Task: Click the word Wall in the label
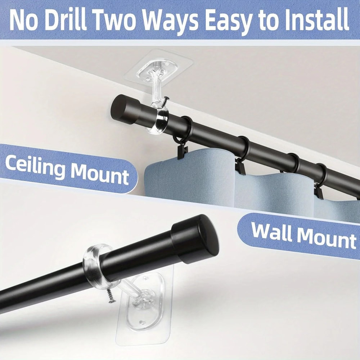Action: coord(272,232)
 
